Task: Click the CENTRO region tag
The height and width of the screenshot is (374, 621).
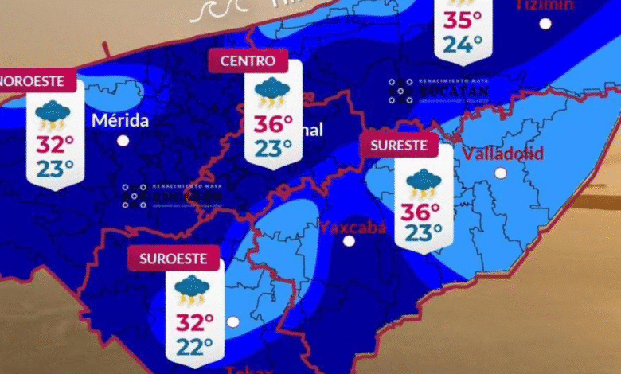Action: [x=248, y=60]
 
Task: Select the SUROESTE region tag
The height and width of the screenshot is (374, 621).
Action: [x=173, y=259]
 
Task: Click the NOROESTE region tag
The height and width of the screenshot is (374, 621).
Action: [x=36, y=80]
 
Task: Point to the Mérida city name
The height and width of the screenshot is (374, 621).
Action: [x=120, y=121]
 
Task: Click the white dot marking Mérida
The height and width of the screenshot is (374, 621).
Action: [x=123, y=141]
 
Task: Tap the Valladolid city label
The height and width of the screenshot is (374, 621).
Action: [x=502, y=153]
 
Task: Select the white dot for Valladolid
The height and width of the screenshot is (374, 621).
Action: [x=501, y=173]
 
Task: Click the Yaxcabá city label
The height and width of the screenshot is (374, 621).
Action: [x=352, y=228]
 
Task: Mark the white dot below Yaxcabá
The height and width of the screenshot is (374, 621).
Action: [x=349, y=241]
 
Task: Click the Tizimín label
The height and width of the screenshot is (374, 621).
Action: [x=545, y=5]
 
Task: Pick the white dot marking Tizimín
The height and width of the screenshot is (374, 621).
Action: [x=545, y=24]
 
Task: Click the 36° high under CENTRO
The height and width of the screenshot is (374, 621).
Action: [x=269, y=124]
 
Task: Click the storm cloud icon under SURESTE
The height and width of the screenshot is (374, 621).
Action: [x=422, y=184]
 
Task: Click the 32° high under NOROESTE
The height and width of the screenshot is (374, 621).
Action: [x=55, y=144]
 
